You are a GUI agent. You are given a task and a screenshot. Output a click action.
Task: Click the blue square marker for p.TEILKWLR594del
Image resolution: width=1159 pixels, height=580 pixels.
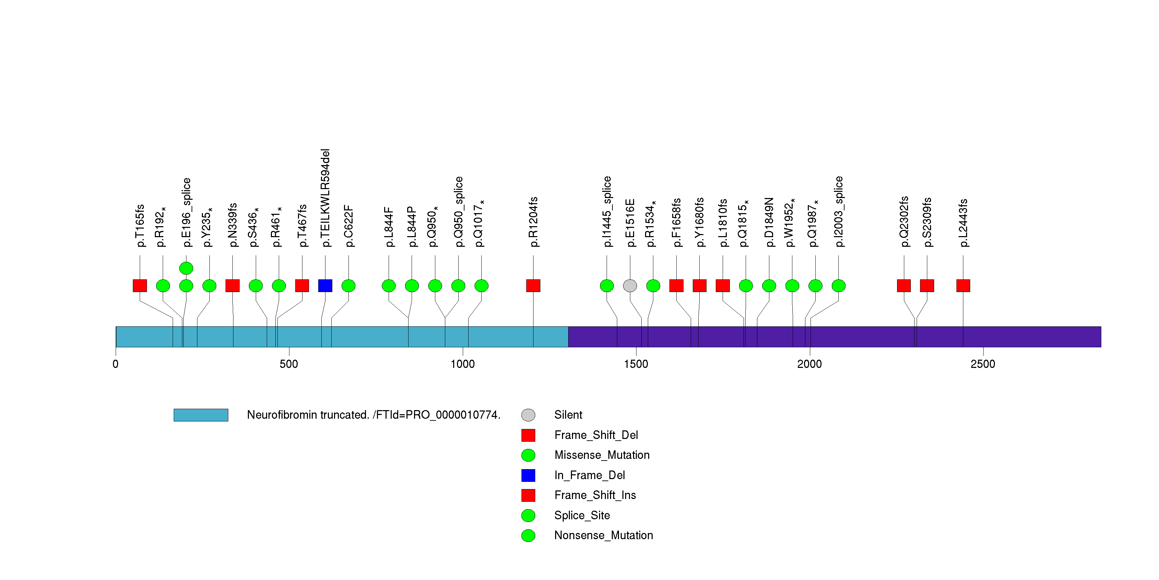click(325, 286)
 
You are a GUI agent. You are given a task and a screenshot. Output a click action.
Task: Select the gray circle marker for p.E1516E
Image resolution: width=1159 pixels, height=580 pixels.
click(630, 286)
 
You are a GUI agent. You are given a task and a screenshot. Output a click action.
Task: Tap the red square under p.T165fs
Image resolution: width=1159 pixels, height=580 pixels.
click(140, 286)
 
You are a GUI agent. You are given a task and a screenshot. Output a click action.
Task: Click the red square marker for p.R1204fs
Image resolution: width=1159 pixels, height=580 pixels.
click(533, 286)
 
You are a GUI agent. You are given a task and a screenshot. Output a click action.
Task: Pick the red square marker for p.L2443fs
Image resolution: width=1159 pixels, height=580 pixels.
click(963, 286)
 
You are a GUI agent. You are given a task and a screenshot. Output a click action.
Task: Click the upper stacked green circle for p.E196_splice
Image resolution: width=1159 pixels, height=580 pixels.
click(186, 268)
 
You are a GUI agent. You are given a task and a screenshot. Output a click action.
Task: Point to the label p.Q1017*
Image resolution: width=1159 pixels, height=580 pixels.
click(480, 223)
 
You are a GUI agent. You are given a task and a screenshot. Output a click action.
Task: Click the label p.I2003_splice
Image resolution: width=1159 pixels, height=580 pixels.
click(839, 211)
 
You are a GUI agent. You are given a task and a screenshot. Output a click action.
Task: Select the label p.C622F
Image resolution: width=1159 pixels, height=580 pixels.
click(349, 226)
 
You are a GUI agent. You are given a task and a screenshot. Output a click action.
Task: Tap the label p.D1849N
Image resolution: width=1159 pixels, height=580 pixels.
click(769, 222)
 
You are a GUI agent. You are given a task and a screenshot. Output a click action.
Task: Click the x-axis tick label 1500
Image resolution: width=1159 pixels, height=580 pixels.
click(636, 364)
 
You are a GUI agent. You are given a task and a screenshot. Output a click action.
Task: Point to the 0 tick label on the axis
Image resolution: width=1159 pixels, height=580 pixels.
click(116, 364)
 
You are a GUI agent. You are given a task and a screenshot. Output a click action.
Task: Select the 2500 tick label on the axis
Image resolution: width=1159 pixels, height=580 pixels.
click(983, 364)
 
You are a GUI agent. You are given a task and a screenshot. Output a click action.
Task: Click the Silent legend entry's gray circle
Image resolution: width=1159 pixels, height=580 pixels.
click(528, 415)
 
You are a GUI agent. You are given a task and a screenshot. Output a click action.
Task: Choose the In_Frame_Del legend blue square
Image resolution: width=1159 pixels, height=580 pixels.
click(528, 475)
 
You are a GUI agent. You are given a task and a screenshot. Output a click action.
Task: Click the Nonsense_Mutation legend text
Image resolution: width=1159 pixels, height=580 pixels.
click(603, 535)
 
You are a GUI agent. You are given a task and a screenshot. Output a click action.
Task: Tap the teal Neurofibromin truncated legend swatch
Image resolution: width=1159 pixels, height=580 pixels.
click(201, 415)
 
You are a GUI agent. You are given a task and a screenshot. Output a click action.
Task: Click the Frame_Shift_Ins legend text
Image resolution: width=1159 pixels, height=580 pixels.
click(595, 495)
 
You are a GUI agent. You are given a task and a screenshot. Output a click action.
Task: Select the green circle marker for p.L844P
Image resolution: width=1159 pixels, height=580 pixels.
click(412, 286)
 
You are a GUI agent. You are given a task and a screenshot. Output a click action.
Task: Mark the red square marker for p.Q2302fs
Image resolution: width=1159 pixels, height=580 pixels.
click(904, 286)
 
